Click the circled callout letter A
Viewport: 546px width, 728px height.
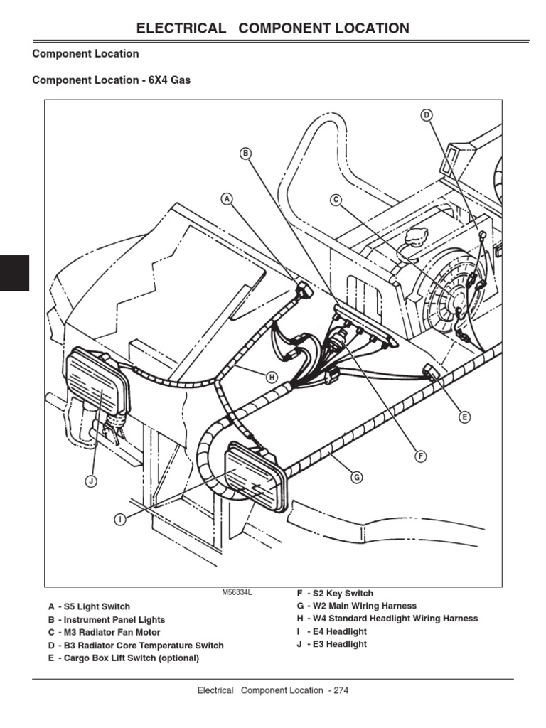pyautogui.click(x=227, y=199)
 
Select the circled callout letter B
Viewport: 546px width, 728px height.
pyautogui.click(x=246, y=154)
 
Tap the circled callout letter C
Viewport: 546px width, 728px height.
pyautogui.click(x=336, y=200)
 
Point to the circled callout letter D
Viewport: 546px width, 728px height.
pyautogui.click(x=427, y=115)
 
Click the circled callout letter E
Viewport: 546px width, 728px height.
pyautogui.click(x=464, y=417)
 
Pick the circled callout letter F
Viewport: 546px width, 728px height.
pyautogui.click(x=421, y=456)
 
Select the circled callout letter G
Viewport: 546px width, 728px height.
pyautogui.click(x=357, y=478)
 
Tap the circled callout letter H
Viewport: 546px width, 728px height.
pyautogui.click(x=271, y=378)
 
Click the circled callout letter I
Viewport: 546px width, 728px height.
pyautogui.click(x=120, y=520)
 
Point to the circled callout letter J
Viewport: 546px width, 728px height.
pyautogui.click(x=90, y=482)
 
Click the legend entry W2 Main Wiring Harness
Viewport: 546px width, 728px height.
pyautogui.click(x=356, y=606)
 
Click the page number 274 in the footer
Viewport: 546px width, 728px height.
pyautogui.click(x=338, y=690)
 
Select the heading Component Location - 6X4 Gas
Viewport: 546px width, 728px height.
pyautogui.click(x=112, y=80)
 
